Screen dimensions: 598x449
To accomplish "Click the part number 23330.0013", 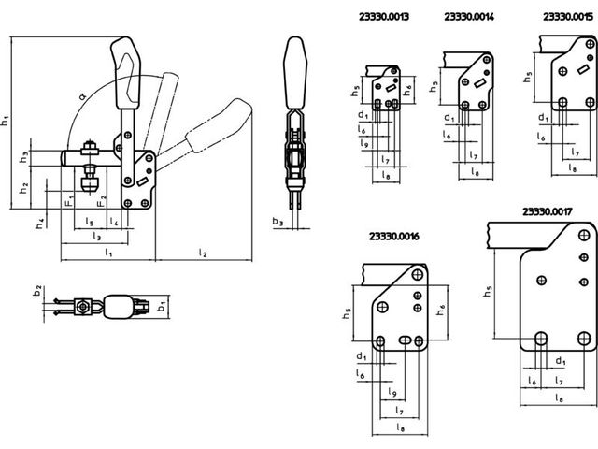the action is point(384,17).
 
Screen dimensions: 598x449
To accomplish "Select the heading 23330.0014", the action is point(469,17).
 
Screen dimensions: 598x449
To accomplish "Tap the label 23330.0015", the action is point(568,17).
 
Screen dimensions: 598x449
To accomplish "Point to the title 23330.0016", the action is point(394,237).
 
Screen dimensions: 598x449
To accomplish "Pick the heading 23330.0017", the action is point(548,211).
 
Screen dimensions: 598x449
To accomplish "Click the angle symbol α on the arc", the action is point(83,95).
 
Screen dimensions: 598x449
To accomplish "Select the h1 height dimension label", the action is point(5,120).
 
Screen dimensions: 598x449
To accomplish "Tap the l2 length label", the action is point(203,253).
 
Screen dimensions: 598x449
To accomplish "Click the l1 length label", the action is point(108,253).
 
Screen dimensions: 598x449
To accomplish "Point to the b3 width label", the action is point(278,222).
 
